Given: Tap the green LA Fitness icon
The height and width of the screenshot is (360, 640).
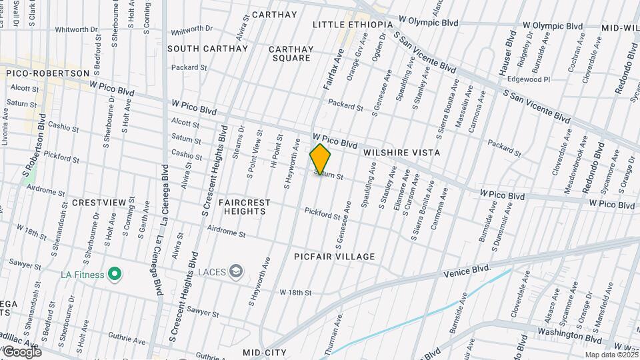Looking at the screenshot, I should pos(115,273).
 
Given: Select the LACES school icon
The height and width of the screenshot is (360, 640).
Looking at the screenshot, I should pos(235,271).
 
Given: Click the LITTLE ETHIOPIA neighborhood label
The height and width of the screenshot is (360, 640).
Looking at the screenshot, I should pos(353,25).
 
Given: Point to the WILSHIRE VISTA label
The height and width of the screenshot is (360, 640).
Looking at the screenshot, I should pos(401,153).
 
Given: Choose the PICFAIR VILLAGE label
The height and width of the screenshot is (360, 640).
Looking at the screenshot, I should pos(335,257).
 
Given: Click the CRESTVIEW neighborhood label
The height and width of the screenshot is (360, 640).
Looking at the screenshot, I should pos(99,202).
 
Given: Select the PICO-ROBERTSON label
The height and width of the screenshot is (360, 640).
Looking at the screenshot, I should pos(47,73).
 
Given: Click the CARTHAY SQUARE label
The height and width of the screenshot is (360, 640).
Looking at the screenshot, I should pos(291,53).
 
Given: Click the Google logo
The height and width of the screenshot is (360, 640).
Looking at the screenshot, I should pos(21,351).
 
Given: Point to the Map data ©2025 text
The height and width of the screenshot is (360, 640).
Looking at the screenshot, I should pos(610,355).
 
